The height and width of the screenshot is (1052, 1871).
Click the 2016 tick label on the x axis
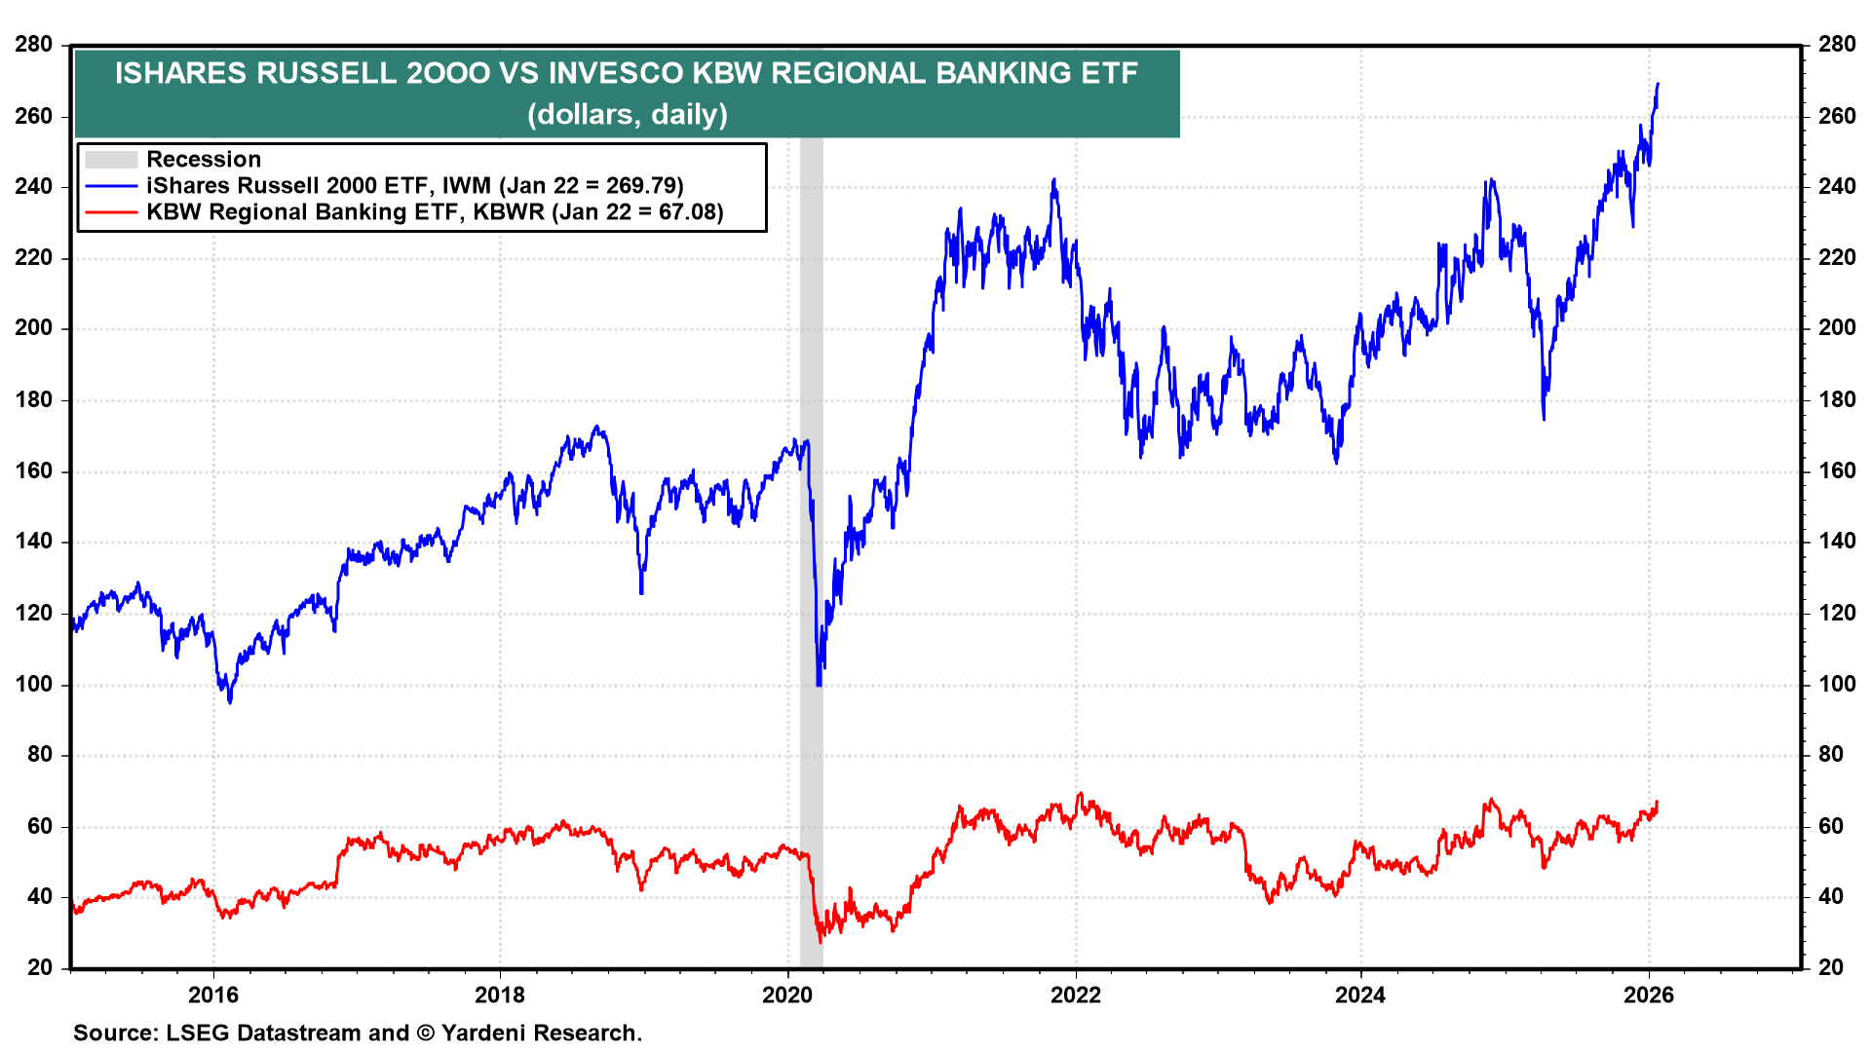coord(212,995)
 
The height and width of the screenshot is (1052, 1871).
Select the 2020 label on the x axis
coord(787,995)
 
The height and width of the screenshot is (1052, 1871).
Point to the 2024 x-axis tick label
coord(1360,995)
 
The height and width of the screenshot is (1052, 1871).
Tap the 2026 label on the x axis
coord(1649,995)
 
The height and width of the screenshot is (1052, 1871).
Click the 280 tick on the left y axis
coord(34,45)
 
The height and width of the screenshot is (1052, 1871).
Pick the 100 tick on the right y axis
coord(1837,684)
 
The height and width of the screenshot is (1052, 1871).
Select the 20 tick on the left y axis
coord(40,967)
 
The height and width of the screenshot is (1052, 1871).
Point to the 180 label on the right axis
coord(1837,399)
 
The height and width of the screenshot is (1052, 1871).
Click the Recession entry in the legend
coord(204,159)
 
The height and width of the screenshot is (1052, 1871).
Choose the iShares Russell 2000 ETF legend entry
coord(414,185)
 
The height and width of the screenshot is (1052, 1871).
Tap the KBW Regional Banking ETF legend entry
coord(435,212)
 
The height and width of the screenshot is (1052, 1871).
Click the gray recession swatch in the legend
coord(110,160)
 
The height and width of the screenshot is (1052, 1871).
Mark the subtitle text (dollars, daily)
coord(627,115)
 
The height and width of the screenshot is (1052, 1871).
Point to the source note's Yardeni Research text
coord(541,1033)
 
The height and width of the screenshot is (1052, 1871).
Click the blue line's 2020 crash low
coord(819,685)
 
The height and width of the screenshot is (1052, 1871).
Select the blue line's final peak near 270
coord(1658,85)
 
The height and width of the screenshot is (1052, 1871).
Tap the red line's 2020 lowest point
coord(820,941)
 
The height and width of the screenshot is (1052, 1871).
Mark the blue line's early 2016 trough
coord(230,701)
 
